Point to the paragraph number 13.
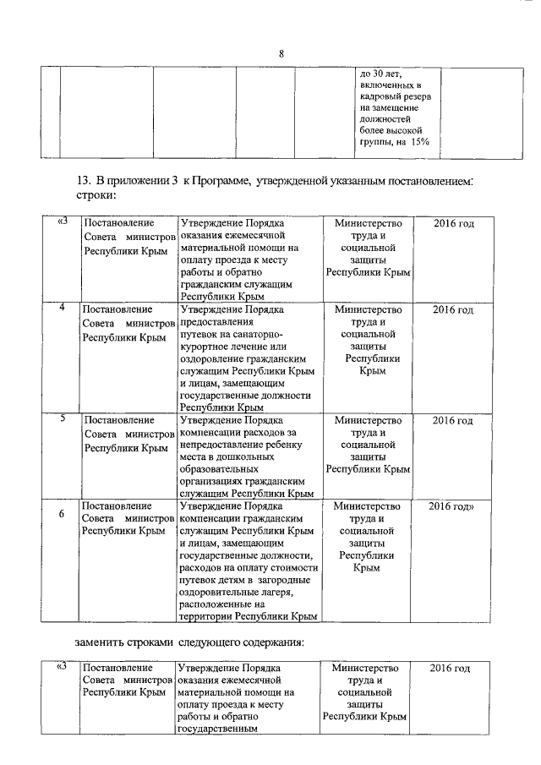[83, 182]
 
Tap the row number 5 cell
[63, 418]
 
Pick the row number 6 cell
[63, 512]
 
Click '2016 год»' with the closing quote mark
[451, 505]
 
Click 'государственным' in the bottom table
[217, 729]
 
